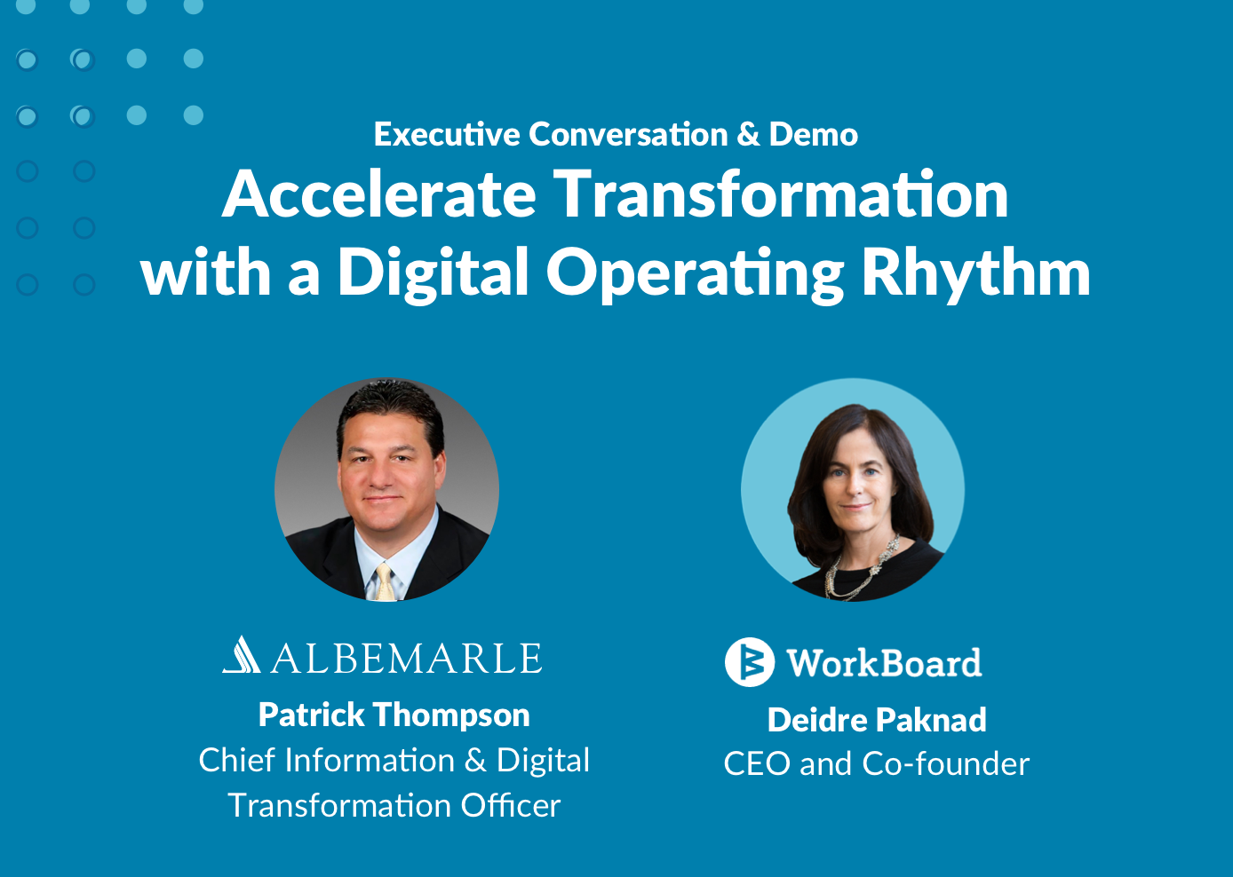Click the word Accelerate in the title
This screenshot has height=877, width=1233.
(378, 194)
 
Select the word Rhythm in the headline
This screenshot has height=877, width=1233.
(976, 272)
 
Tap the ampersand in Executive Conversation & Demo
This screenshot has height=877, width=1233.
(749, 134)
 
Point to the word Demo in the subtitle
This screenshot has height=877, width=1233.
(813, 134)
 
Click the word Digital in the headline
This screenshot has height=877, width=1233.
(434, 272)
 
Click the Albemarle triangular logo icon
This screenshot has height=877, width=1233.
(241, 654)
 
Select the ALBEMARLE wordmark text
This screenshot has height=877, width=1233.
(406, 658)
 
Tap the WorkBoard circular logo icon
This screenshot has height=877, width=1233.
(749, 662)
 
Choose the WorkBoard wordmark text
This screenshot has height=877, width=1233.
(884, 662)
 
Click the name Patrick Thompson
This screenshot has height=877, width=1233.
(394, 715)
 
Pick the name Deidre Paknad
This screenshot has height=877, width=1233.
(877, 720)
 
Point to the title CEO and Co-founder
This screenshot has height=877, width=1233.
(876, 763)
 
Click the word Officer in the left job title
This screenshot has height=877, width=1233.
(510, 805)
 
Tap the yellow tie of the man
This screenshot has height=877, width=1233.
(385, 582)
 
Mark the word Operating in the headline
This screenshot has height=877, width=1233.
(696, 272)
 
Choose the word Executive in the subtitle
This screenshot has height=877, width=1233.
(447, 134)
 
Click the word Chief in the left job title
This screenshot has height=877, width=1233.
(236, 760)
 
